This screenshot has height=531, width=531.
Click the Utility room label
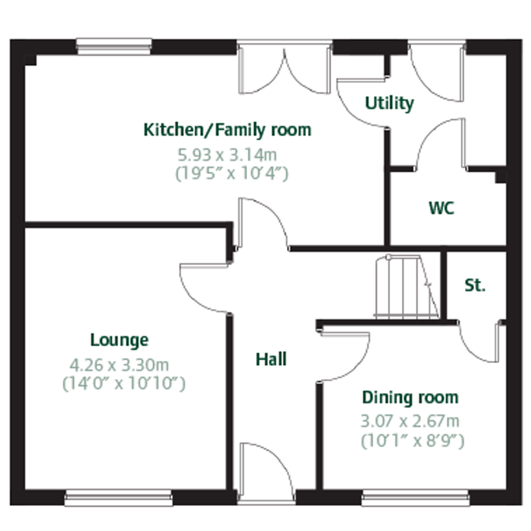click(389, 104)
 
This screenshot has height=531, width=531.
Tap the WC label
click(441, 208)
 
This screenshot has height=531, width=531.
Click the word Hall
click(271, 359)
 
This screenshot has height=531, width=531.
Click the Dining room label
click(410, 398)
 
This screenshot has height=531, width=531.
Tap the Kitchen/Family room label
click(227, 130)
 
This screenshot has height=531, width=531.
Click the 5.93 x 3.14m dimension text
click(227, 155)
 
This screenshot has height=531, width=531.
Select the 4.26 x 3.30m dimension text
click(119, 365)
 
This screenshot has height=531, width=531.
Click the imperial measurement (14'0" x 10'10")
click(124, 383)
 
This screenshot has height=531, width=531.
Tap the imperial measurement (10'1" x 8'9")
click(412, 441)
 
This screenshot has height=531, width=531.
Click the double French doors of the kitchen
click(285, 69)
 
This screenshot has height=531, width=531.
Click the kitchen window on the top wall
click(114, 46)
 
